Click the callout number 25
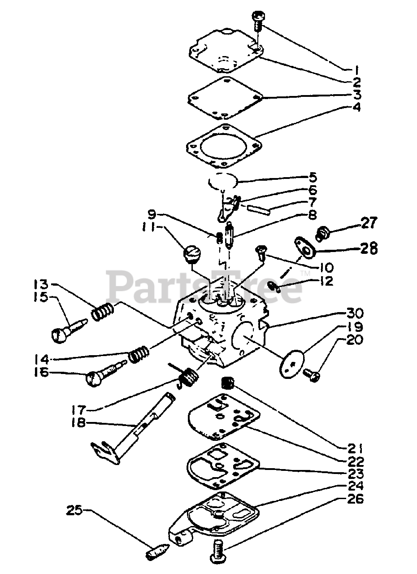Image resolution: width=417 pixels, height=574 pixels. click(76, 510)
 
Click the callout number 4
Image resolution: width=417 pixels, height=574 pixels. click(357, 108)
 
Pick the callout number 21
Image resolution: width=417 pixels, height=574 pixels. click(357, 447)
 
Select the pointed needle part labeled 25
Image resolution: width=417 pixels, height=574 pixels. click(156, 551)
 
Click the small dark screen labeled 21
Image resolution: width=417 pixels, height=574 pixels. click(229, 383)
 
